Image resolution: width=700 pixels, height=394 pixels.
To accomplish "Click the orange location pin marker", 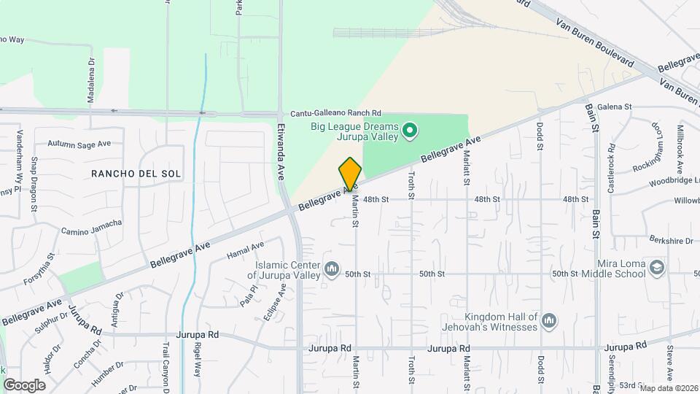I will [350, 174].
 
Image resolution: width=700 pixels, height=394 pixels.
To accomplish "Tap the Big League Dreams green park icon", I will [410, 131].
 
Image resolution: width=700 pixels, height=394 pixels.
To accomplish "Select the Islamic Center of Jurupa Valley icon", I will [332, 270].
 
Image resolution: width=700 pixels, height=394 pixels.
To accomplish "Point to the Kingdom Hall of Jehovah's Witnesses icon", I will [549, 321].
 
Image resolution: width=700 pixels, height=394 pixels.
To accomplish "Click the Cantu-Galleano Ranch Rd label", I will [335, 114].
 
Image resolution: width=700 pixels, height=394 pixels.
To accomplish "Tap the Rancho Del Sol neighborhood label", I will [136, 173].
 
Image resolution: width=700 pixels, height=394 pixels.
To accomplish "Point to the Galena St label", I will [614, 107].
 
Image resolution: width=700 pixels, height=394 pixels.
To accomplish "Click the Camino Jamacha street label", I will [91, 227].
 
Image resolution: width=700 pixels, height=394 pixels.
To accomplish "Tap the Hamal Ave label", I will [244, 250].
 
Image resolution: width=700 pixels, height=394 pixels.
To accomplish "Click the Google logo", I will [24, 385].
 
